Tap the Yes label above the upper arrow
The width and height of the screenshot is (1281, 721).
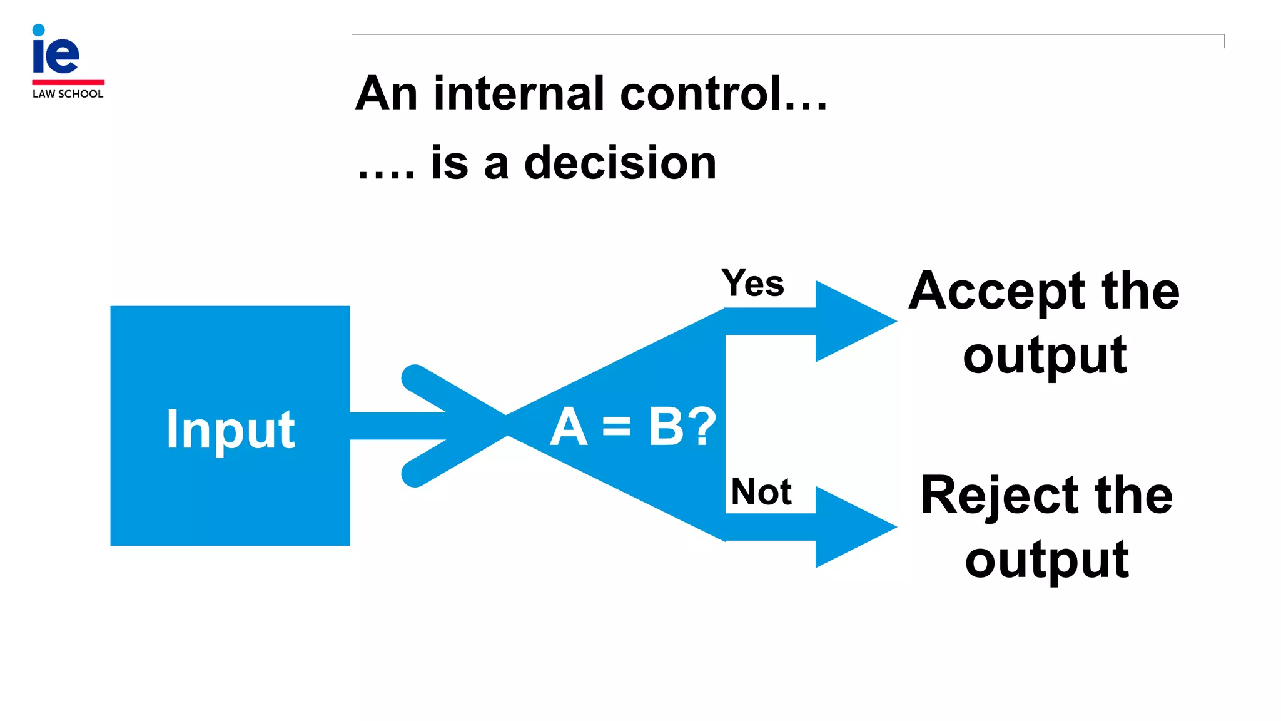point(752,284)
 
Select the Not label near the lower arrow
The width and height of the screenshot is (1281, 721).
point(761,492)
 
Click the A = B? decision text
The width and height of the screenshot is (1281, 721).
point(632,427)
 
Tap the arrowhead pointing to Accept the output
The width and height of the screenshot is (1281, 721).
point(854,321)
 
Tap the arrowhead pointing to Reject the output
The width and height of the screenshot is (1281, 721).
point(854,527)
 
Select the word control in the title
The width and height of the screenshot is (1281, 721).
point(701,94)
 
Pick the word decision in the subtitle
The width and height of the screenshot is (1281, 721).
point(620,163)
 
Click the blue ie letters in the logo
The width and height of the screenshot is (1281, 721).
point(56,55)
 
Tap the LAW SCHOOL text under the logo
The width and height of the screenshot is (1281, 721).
point(68,94)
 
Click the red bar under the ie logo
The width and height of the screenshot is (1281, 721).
point(68,82)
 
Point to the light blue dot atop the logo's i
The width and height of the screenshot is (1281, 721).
point(38,29)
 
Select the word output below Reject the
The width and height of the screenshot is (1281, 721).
point(1046,561)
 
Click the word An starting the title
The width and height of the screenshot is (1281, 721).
point(386,94)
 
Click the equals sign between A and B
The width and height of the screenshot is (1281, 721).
point(616,427)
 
